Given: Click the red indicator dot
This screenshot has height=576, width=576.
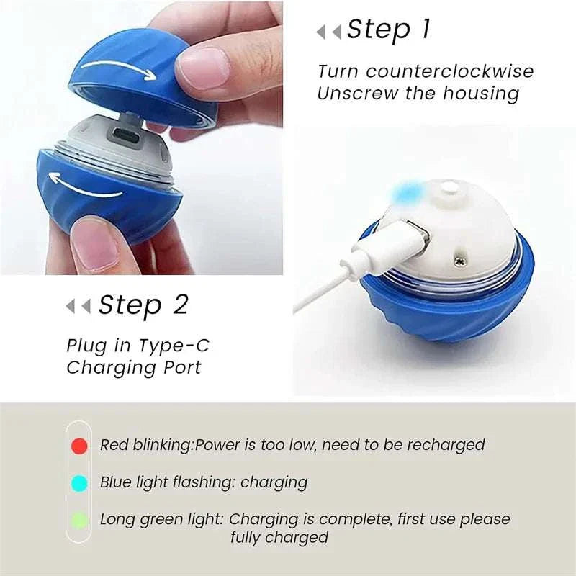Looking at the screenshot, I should tap(80, 446).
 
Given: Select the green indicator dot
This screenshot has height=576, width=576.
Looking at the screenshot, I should tap(80, 520).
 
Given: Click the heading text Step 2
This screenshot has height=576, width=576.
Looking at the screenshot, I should tap(143, 305).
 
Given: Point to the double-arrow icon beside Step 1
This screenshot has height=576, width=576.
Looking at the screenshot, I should tap(328, 32).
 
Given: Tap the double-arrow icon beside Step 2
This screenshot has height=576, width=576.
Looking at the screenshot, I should tap(78, 307).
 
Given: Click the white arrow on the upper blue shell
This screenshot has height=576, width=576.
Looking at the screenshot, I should tap(118, 69).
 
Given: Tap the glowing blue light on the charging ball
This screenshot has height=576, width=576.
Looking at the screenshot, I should tap(407, 192).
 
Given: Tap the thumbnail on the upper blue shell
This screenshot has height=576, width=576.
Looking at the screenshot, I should tap(197, 71).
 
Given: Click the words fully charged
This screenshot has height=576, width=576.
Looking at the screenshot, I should tap(279, 537).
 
